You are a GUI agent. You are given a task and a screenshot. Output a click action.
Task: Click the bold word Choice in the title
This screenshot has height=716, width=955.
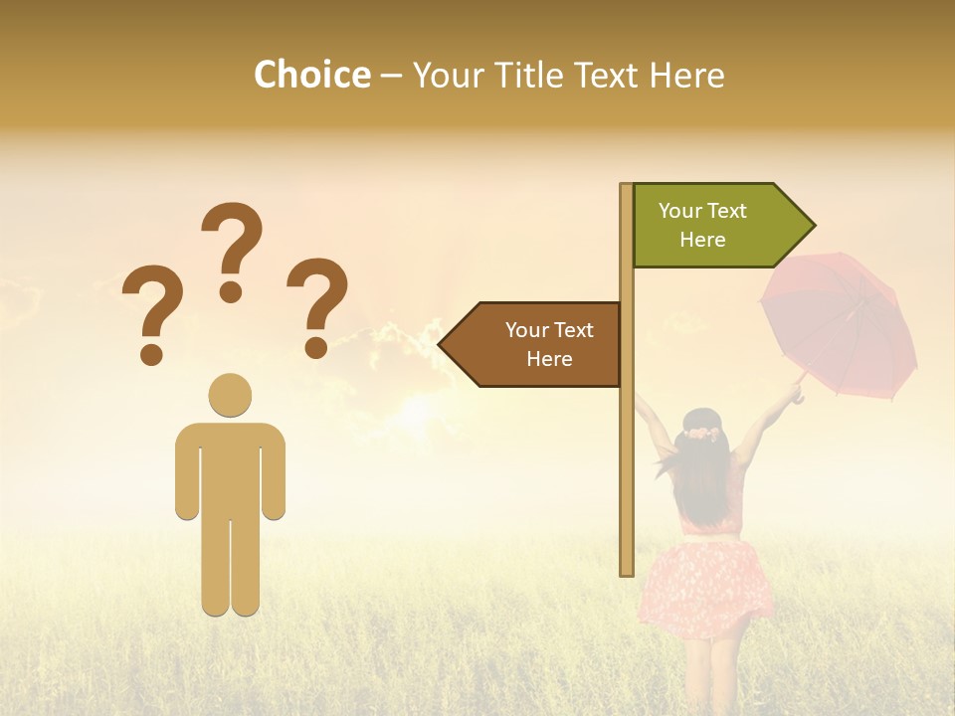coord(311,75)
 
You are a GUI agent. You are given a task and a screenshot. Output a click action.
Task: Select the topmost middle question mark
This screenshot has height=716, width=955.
coord(232,251)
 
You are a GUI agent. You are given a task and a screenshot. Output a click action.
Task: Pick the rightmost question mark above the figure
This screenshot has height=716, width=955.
coord(317,306)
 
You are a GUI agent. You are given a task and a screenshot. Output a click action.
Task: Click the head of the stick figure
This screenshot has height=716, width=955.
coord(230,395)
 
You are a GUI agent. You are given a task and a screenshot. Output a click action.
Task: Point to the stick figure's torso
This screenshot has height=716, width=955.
coord(230,467)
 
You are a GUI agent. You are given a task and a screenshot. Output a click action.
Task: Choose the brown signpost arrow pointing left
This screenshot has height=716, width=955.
coord(537,344)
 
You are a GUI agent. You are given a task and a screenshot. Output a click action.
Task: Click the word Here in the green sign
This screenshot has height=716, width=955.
coord(702,240)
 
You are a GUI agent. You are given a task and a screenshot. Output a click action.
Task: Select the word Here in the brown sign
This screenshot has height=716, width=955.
coord(549,359)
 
